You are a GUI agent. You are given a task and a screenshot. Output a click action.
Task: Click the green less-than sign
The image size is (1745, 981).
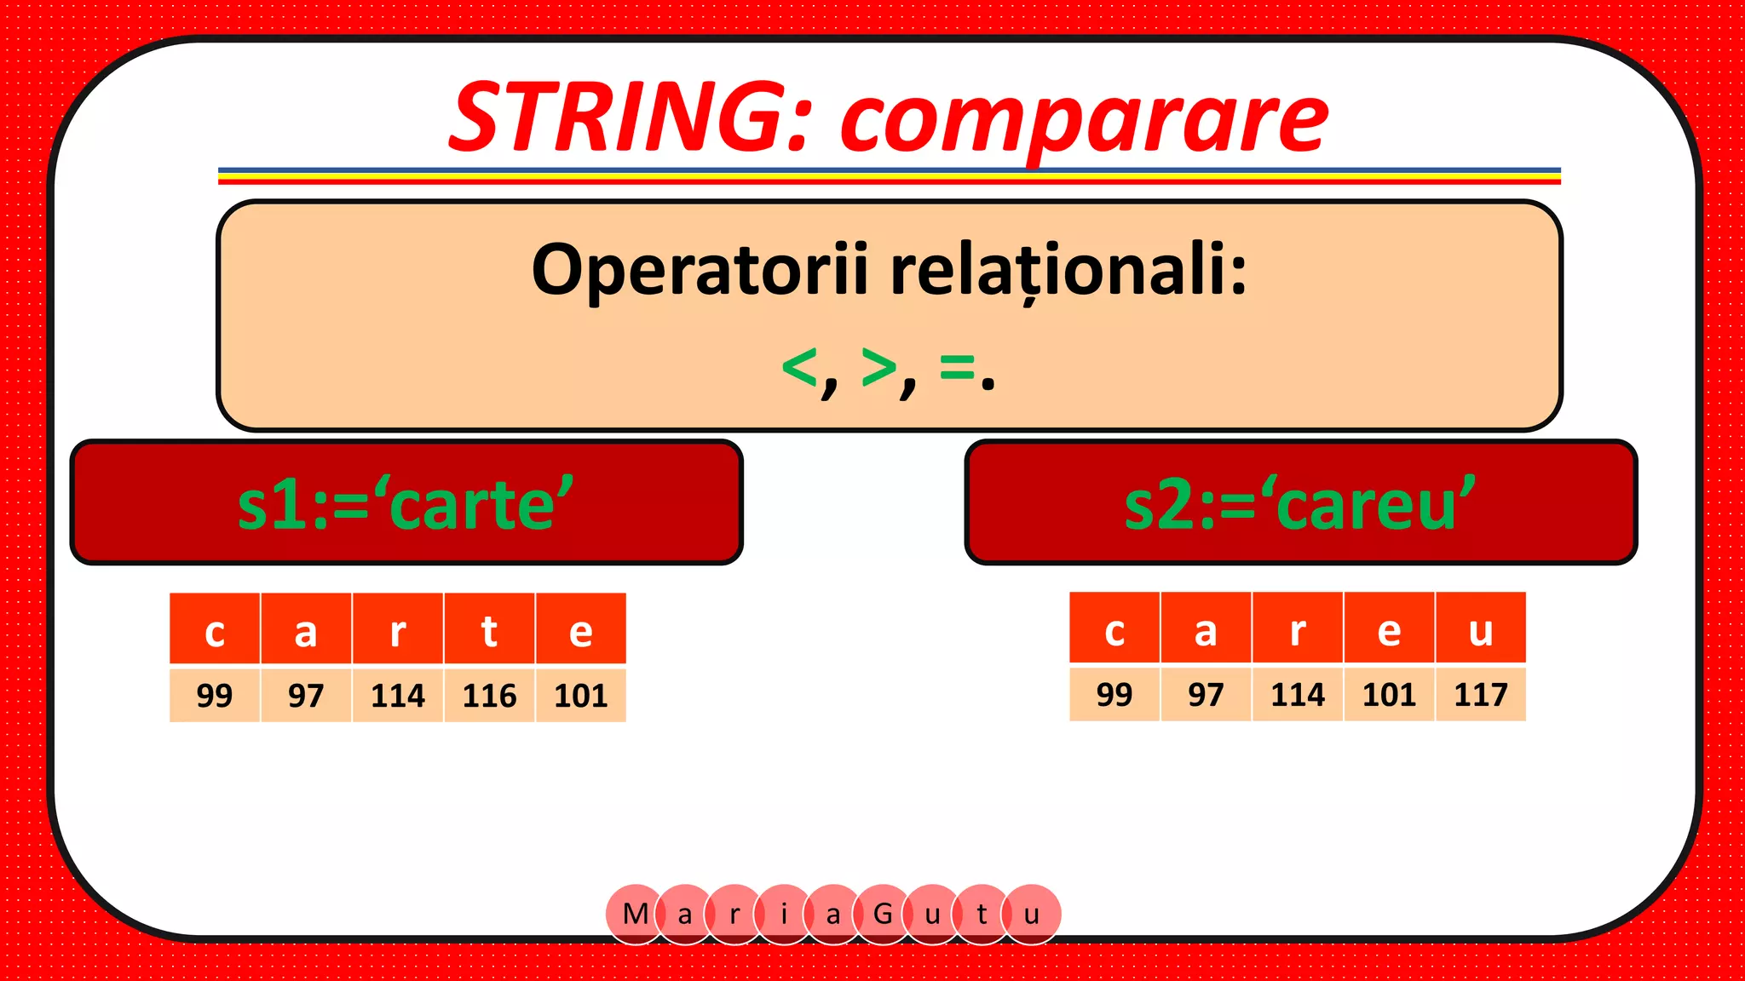(x=799, y=369)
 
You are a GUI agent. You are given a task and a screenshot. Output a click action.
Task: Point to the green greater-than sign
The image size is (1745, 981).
(x=878, y=367)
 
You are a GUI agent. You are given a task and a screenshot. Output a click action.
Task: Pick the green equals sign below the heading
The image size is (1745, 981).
(x=957, y=367)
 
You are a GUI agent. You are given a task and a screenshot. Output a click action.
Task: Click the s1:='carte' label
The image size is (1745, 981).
(x=406, y=504)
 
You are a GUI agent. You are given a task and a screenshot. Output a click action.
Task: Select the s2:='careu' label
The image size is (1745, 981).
(x=1299, y=504)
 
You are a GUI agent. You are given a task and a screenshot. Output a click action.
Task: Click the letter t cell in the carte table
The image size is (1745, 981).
(x=489, y=630)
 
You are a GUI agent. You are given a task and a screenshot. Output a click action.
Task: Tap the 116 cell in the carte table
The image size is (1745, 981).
(x=489, y=696)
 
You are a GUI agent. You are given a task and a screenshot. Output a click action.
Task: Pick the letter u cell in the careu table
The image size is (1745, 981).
(x=1480, y=629)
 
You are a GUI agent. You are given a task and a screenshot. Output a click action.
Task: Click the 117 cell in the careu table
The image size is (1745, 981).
(x=1480, y=695)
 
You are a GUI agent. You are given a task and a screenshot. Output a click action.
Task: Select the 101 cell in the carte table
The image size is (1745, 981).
(x=580, y=696)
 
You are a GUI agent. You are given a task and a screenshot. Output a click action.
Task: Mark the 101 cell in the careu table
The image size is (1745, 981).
(x=1389, y=695)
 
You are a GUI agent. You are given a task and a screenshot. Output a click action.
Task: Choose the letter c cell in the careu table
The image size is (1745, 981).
(x=1114, y=629)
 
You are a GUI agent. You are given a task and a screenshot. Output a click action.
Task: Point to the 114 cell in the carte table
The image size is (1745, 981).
(x=397, y=696)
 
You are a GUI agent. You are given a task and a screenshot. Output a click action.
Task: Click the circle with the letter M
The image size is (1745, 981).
(x=634, y=914)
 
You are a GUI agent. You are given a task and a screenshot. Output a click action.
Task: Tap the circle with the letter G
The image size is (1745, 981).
(x=883, y=914)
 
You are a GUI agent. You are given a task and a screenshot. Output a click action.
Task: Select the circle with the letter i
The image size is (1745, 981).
(x=784, y=914)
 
